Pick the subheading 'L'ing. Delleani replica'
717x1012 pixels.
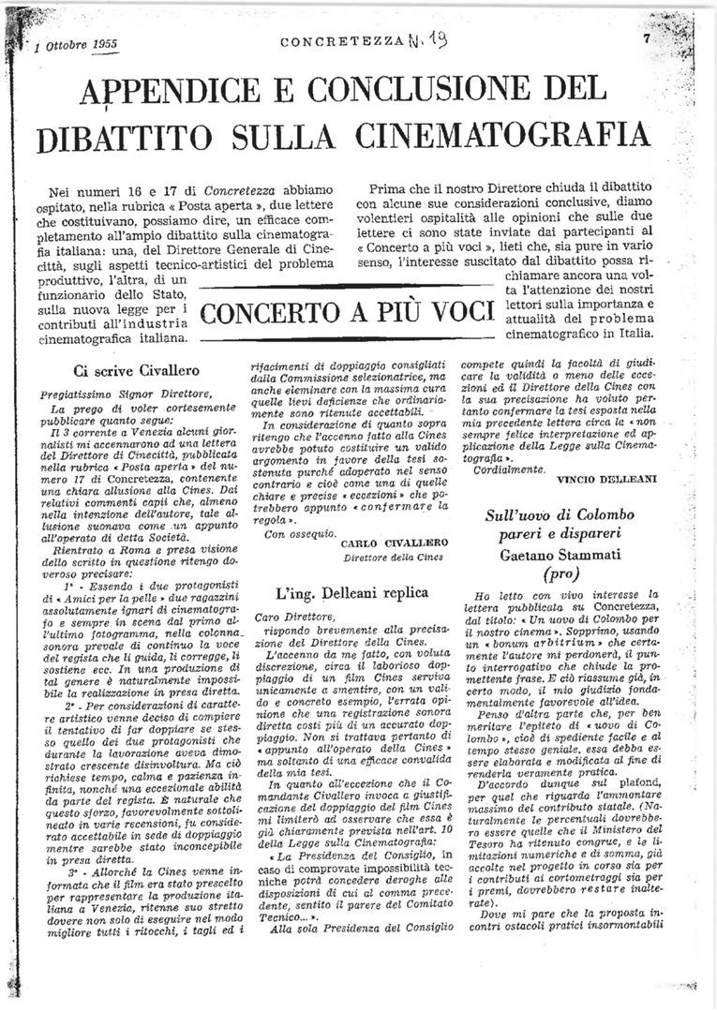pos(352,592)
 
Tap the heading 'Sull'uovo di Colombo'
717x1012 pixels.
pos(560,514)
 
